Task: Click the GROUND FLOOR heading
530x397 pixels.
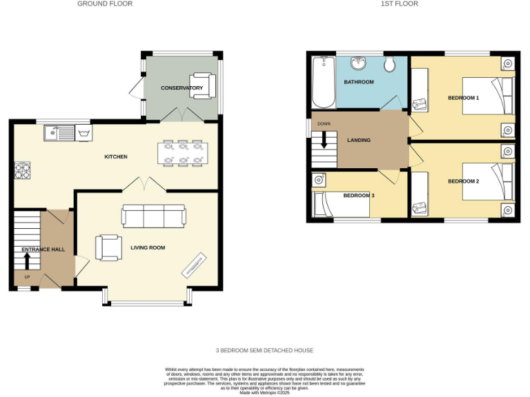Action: click(105, 4)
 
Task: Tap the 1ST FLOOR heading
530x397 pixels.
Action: click(400, 4)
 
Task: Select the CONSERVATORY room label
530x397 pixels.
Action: click(181, 88)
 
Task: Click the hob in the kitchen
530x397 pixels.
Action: click(22, 170)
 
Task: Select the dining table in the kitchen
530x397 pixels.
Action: click(183, 154)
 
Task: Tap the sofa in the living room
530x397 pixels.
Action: click(153, 216)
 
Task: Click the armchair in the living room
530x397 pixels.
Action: click(108, 247)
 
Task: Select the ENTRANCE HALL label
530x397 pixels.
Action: click(43, 250)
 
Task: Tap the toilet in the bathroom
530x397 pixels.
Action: click(389, 64)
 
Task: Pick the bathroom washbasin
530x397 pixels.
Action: click(358, 63)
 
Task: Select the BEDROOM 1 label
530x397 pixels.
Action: click(463, 98)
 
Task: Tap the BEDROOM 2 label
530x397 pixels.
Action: click(463, 181)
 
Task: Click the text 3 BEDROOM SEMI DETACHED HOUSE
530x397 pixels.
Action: click(264, 350)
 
